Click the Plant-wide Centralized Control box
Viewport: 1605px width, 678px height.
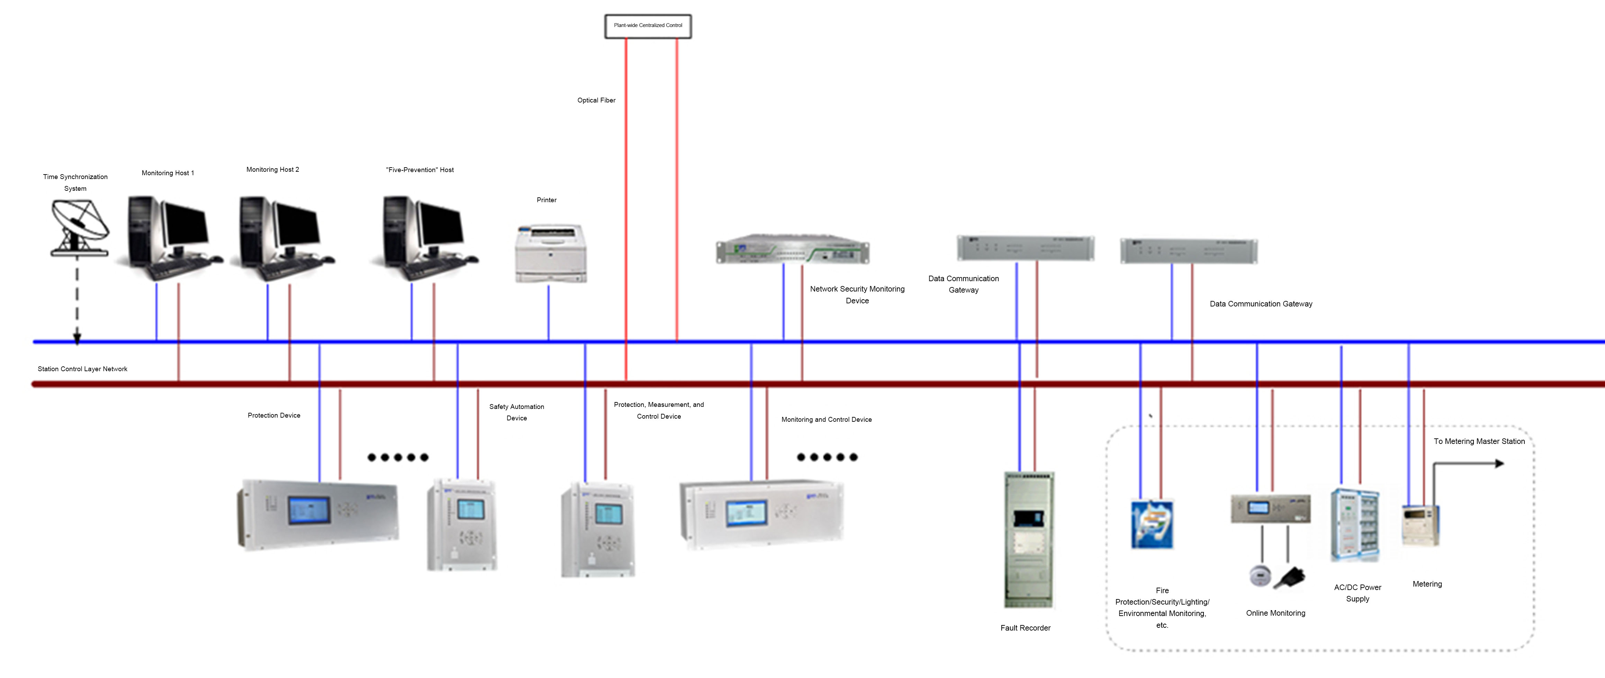(648, 26)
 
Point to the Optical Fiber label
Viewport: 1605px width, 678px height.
(596, 100)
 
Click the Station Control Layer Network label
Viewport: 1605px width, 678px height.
(82, 369)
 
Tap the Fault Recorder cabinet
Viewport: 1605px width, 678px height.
(1029, 539)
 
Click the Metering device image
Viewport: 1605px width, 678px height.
(1421, 525)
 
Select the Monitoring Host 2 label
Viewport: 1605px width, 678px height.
(272, 170)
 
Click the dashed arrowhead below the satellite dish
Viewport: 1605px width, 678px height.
(77, 339)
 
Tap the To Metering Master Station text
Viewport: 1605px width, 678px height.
(1479, 441)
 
